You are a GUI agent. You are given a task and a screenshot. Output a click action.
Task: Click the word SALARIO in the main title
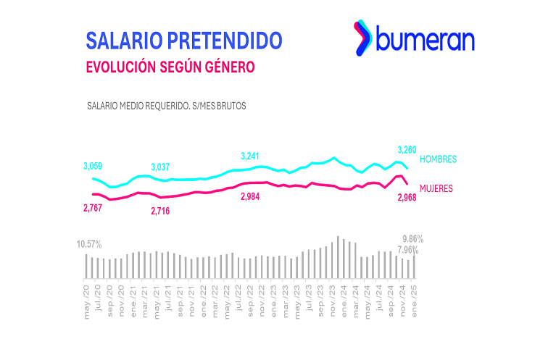(122, 39)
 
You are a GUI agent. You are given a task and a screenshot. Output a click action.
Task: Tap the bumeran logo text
(425, 39)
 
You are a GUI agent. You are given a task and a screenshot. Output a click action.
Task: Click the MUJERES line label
(436, 188)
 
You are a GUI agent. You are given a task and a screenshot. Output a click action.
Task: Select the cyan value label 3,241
(252, 156)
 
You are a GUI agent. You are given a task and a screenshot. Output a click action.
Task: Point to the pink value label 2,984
(252, 198)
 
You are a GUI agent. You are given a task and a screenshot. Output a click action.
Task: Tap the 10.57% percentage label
(88, 244)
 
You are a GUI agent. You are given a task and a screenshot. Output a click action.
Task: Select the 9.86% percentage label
(412, 239)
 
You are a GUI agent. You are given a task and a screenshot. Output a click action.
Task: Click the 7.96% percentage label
(408, 251)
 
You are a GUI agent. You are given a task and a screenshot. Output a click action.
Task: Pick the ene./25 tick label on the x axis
(414, 298)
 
